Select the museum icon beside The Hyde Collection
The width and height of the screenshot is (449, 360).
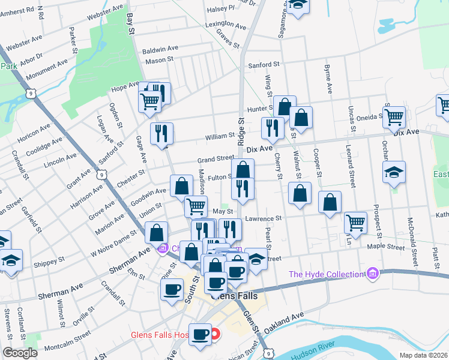[x=373, y=274]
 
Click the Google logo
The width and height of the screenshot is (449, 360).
[x=20, y=353]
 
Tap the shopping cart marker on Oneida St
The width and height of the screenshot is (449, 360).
[x=394, y=116]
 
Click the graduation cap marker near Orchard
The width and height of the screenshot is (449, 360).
[x=394, y=172]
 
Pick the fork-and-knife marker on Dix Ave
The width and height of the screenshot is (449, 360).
[x=272, y=128]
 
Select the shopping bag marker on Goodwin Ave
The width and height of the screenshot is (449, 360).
[x=181, y=186]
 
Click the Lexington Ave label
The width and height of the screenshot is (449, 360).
[x=226, y=26]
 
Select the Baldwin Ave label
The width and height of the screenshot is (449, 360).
[x=160, y=48]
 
